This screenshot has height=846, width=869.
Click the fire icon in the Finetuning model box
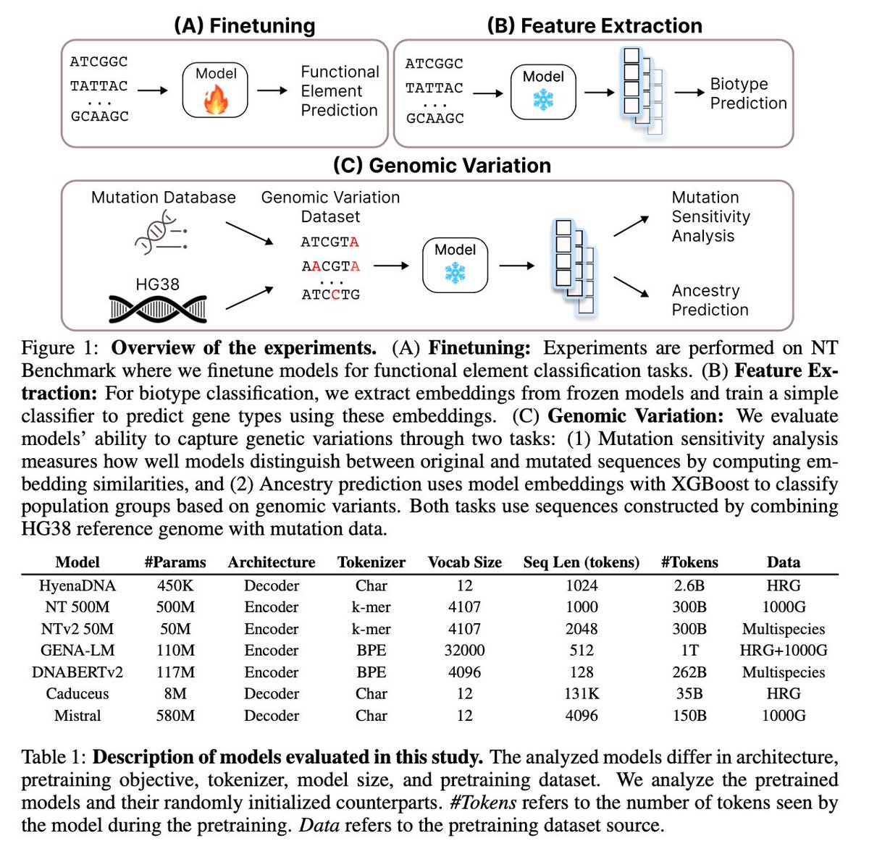(215, 101)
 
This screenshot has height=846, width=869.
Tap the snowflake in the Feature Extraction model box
(543, 101)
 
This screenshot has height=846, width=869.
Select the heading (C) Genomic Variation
(442, 166)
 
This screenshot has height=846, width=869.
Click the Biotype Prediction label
(747, 93)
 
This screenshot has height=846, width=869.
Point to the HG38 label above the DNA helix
(157, 284)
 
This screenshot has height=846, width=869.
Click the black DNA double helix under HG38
(158, 309)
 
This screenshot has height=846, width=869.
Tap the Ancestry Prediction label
(710, 300)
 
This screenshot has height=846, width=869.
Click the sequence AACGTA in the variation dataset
(330, 266)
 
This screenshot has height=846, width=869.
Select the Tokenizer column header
(371, 562)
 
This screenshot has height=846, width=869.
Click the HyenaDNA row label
(77, 585)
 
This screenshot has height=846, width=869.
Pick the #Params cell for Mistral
(175, 716)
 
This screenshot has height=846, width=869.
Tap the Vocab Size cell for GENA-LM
(464, 651)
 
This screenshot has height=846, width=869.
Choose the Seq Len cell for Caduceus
(582, 694)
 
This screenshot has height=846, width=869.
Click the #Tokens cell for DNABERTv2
(689, 672)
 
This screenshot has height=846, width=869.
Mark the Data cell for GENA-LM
(783, 651)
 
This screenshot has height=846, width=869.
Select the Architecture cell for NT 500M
(272, 607)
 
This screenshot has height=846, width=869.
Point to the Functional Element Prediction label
(340, 91)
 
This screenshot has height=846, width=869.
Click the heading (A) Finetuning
(245, 26)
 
